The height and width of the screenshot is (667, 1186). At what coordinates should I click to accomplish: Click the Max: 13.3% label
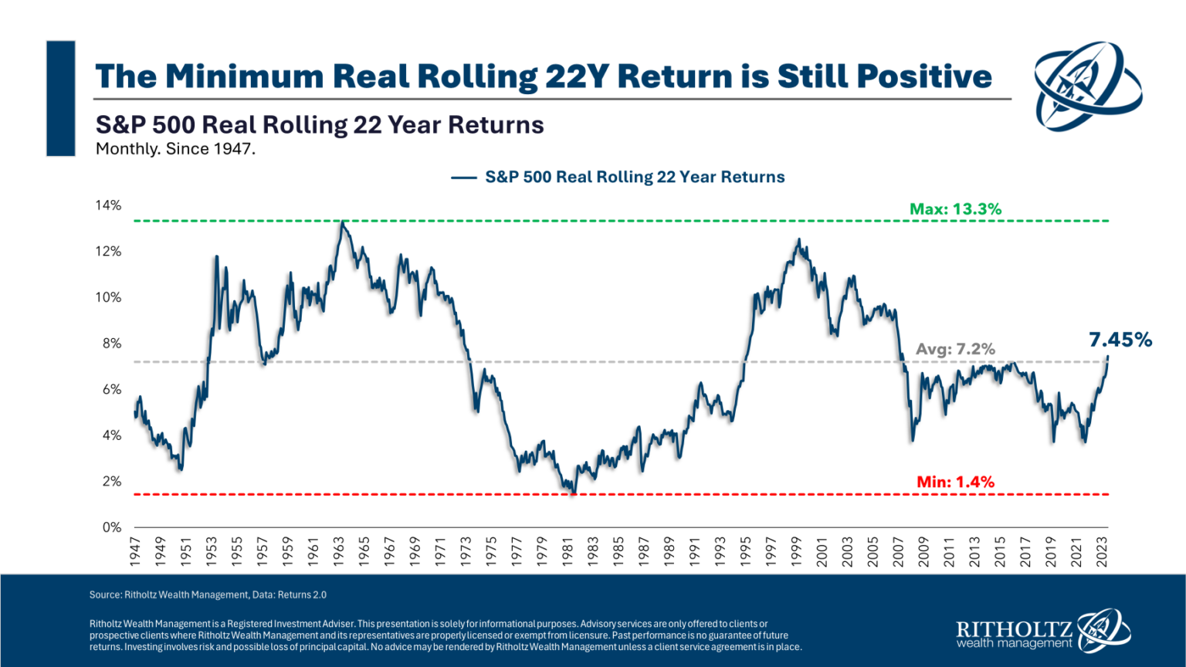[955, 209]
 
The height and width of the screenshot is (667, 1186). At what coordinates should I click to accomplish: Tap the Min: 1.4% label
[955, 482]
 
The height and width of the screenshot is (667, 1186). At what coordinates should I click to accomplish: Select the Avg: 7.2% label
[955, 349]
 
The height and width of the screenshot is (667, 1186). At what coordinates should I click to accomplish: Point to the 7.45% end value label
[1120, 340]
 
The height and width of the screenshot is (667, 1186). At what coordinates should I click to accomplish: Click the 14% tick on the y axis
[108, 205]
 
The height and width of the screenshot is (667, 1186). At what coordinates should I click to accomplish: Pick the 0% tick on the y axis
[112, 527]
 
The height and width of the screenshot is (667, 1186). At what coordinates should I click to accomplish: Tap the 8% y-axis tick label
[112, 344]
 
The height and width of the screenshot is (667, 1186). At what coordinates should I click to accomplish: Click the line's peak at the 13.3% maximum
[342, 222]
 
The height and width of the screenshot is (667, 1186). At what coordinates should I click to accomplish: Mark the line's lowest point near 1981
[573, 493]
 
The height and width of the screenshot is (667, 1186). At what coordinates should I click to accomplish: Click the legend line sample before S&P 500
[463, 178]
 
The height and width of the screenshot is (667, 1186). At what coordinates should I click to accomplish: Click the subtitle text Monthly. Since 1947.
[175, 149]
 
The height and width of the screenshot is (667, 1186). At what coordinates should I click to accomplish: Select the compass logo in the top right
[1087, 86]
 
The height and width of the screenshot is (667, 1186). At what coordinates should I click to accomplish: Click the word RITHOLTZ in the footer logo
[1013, 628]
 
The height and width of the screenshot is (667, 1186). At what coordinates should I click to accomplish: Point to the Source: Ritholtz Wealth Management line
[208, 594]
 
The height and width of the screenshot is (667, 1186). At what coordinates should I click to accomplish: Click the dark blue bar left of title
[61, 98]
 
